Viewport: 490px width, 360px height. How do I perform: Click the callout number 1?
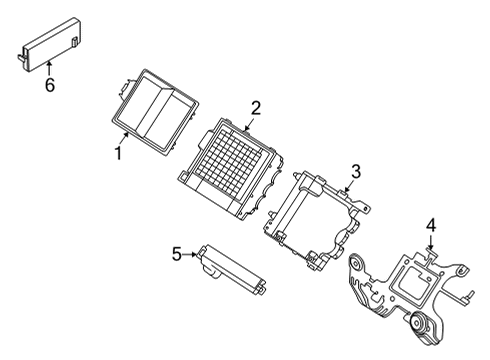[x=118, y=153]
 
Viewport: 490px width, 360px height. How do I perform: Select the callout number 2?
[x=256, y=108]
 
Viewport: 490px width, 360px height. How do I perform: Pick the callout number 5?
[x=176, y=254]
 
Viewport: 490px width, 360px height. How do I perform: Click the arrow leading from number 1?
[x=123, y=139]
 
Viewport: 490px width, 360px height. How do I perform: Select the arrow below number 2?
[x=249, y=124]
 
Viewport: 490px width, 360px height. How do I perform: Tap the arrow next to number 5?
[x=192, y=254]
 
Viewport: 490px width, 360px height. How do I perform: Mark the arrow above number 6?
[x=47, y=68]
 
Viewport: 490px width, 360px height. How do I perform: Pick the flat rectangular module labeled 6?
[x=50, y=44]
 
